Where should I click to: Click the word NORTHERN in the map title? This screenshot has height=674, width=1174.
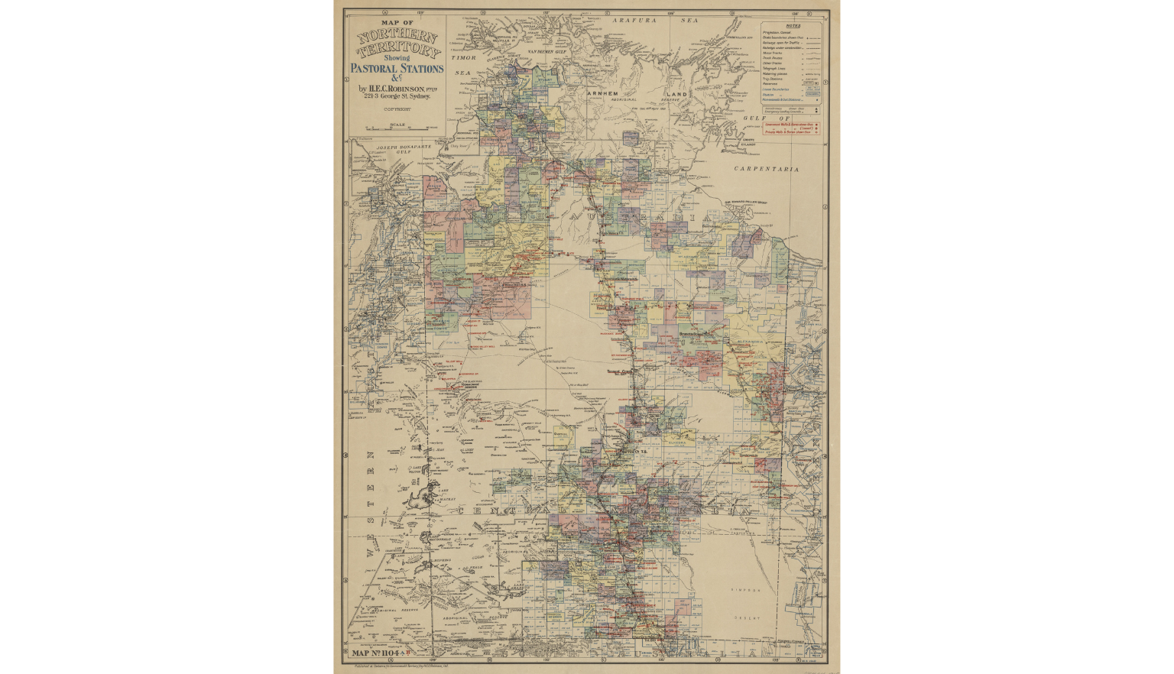397,38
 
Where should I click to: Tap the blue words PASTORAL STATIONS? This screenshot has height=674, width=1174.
397,68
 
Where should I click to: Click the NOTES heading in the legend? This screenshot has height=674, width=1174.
793,25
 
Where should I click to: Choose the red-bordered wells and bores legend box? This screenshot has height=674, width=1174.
794,128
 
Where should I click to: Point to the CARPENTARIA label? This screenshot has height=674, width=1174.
766,168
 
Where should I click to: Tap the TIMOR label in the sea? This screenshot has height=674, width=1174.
463,57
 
